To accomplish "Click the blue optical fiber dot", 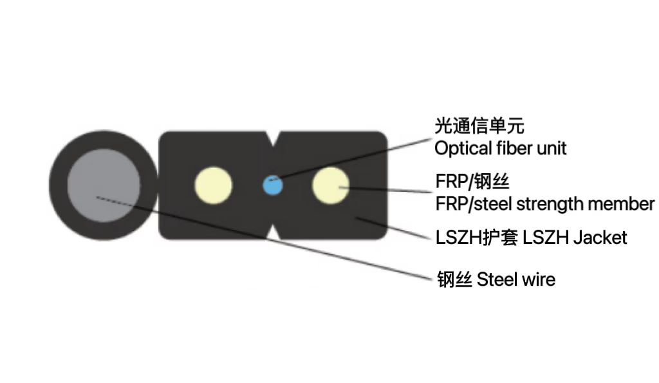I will click(274, 185).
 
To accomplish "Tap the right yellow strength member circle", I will click(330, 185).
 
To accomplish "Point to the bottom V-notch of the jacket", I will click(274, 233).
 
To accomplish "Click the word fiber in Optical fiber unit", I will click(510, 149).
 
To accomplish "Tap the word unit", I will click(552, 149).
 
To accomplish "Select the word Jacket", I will click(600, 238).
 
